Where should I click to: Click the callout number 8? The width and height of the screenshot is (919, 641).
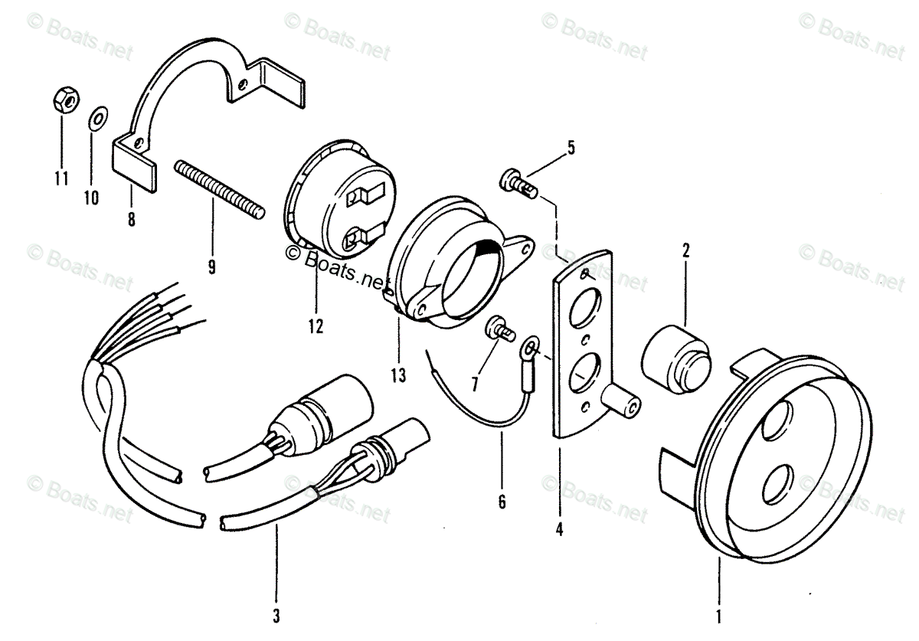coord(131,220)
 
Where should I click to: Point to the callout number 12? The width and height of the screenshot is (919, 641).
coord(316,327)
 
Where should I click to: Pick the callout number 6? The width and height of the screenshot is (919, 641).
coord(502,502)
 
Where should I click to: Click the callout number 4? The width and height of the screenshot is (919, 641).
coord(559,528)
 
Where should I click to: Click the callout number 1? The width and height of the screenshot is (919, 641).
coord(719,613)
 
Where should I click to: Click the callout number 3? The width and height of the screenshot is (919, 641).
coord(276,615)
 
